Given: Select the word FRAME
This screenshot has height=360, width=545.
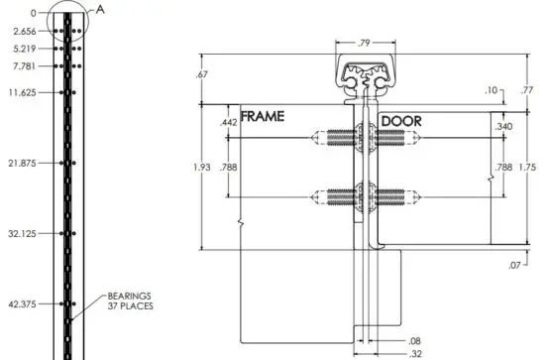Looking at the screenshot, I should [264, 117].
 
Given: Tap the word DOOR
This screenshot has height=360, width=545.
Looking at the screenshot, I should [400, 120].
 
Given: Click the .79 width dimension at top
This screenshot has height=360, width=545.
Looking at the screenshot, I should [365, 42].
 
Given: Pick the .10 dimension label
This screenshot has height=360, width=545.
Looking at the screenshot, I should [492, 91].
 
